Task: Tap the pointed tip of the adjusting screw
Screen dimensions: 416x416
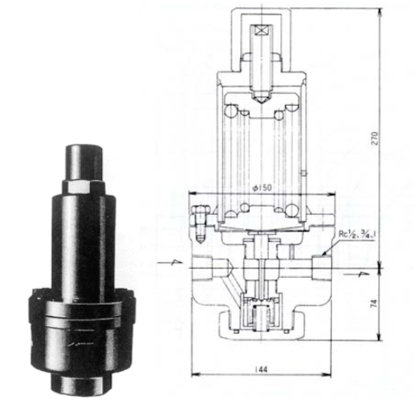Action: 261,99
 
